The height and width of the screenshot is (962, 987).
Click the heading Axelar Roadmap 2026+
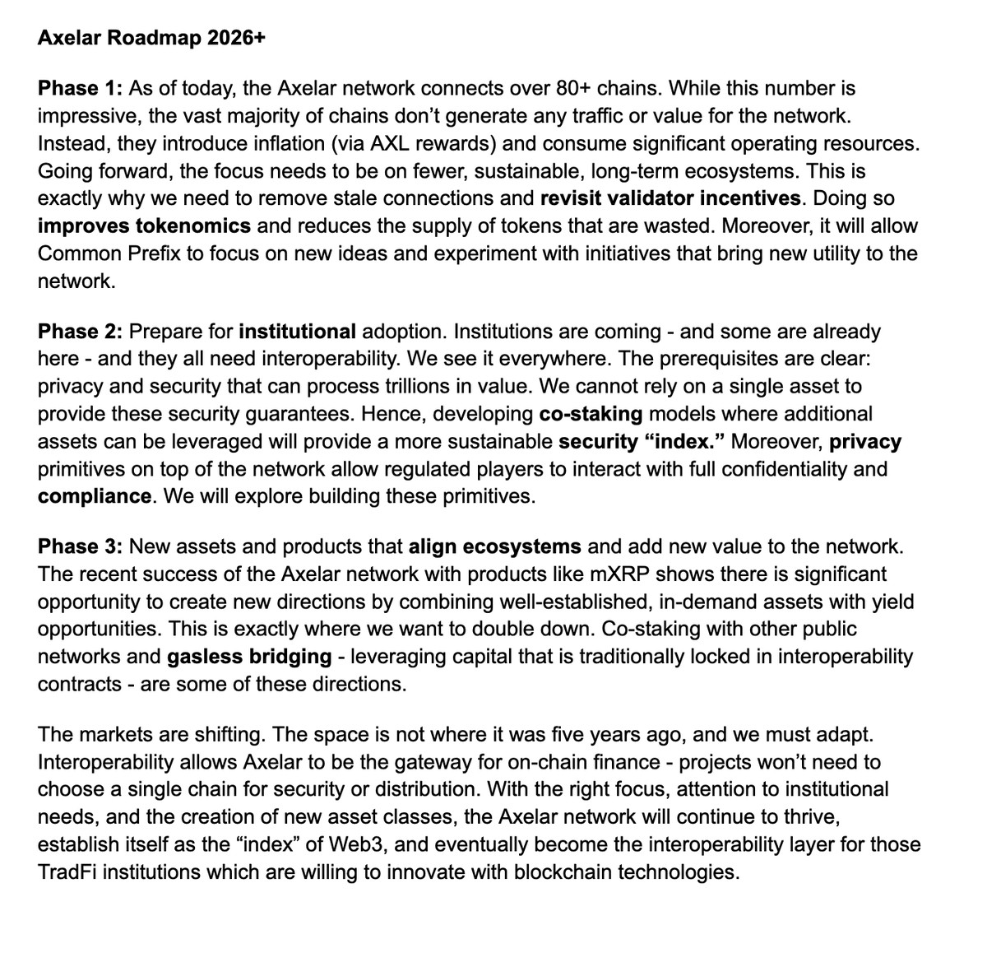coord(152,39)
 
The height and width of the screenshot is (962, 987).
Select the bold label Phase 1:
coord(81,87)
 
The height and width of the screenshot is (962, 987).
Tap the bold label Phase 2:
coord(81,332)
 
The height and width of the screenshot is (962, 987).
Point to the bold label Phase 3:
coord(81,546)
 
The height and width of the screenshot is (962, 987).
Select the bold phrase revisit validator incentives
coord(670,198)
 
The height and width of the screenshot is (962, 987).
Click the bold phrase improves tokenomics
coord(144,226)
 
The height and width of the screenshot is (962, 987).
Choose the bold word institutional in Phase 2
coord(297,332)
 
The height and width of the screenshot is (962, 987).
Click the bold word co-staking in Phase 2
coord(591,414)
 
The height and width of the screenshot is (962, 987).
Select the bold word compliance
coord(95,497)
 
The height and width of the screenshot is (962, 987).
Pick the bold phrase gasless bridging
coord(249,657)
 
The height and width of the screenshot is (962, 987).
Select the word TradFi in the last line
coord(68,872)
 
